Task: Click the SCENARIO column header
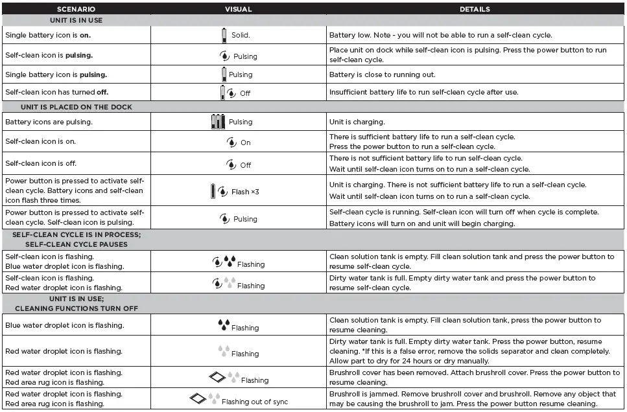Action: click(x=76, y=10)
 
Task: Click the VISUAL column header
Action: click(x=238, y=10)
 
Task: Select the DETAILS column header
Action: click(x=475, y=10)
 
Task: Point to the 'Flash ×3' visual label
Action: click(x=245, y=192)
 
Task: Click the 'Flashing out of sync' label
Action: click(x=255, y=402)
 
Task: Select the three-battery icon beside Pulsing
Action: click(x=218, y=121)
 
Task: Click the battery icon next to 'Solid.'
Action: click(x=225, y=35)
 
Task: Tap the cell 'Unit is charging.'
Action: click(x=357, y=122)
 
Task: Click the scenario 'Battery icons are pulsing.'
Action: click(x=49, y=122)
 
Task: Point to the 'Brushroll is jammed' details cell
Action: click(x=472, y=398)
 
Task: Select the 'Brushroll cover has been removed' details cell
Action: click(x=474, y=377)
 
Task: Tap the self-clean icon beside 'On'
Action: click(x=231, y=142)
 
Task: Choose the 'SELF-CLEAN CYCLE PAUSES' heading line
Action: click(x=77, y=244)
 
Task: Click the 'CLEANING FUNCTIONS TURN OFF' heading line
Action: click(x=77, y=308)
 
